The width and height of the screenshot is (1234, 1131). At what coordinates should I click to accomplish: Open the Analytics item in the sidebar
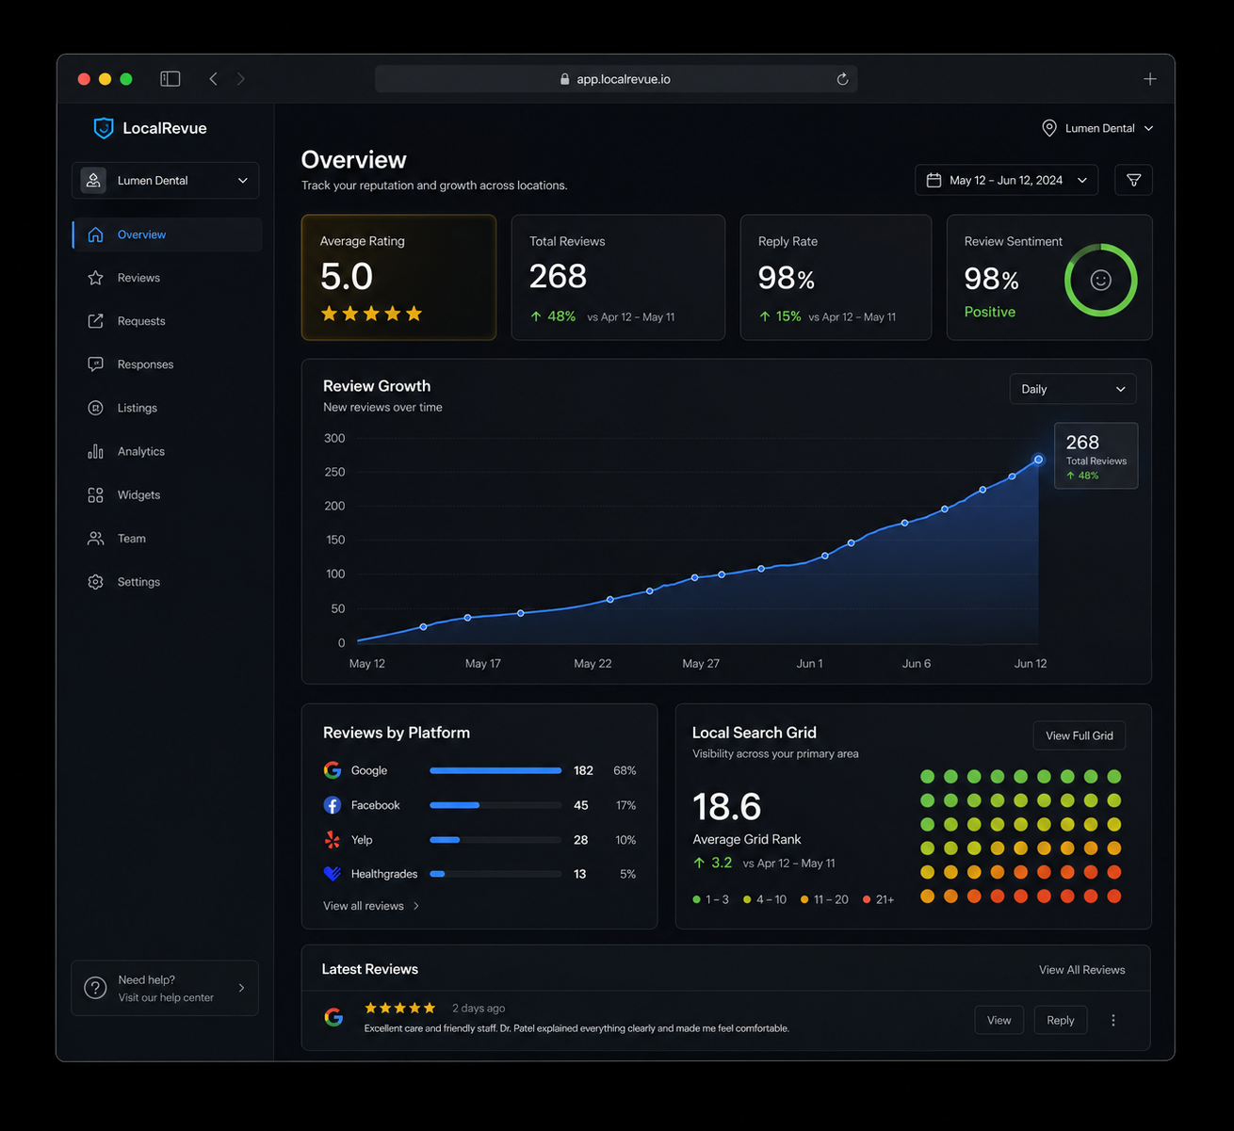(141, 451)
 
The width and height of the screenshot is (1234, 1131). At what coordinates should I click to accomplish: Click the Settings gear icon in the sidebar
(95, 582)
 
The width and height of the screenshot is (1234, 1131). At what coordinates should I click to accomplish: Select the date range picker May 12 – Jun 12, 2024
(1006, 180)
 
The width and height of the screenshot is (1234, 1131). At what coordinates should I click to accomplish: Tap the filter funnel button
(1133, 180)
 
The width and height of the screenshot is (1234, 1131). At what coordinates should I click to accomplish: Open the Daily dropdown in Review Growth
(1072, 389)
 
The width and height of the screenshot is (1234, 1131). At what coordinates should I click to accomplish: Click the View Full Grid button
(1079, 735)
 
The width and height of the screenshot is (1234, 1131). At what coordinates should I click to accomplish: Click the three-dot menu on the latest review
(1112, 1020)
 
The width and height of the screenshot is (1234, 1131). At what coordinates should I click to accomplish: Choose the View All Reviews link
(1081, 970)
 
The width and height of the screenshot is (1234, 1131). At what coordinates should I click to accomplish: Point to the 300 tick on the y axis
(334, 438)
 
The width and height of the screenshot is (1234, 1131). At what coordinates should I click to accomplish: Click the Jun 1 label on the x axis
(809, 664)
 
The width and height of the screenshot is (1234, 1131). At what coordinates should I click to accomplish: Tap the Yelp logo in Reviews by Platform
(333, 839)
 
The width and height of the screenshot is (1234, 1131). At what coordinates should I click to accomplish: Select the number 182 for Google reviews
(582, 770)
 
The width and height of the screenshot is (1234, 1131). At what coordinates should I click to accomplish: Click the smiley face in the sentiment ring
(1100, 281)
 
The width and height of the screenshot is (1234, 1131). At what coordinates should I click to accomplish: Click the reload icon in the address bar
(842, 79)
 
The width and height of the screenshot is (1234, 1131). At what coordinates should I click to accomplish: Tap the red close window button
(84, 79)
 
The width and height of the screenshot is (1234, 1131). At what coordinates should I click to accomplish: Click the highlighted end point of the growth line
(1038, 460)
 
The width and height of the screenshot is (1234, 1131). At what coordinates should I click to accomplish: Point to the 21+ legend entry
(878, 899)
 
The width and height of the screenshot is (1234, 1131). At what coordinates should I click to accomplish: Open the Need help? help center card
(165, 988)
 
